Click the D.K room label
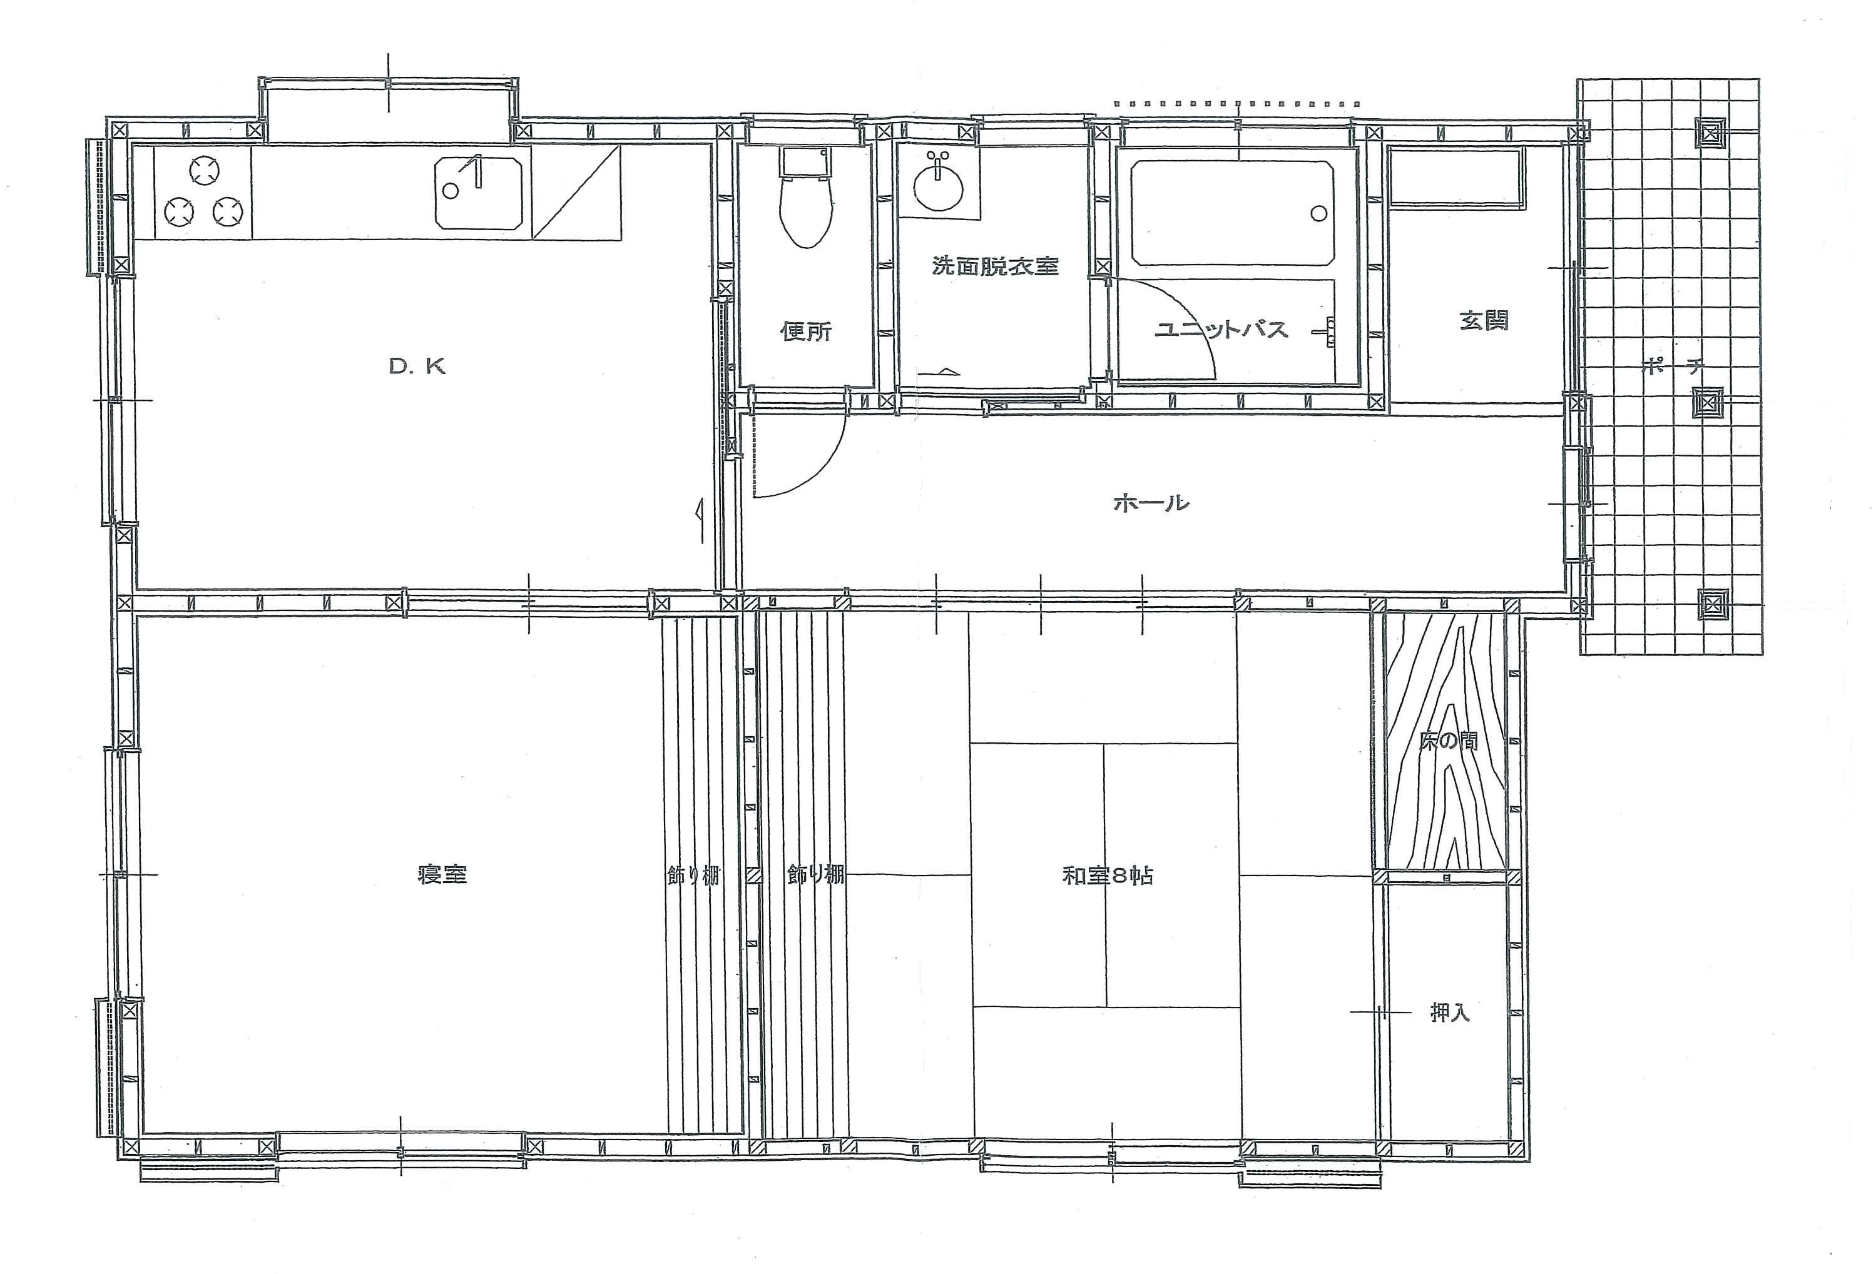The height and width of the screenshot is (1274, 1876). click(417, 367)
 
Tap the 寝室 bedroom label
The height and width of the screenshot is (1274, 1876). click(443, 874)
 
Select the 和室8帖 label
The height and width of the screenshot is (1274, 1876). click(1108, 876)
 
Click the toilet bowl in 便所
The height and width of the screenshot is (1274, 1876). click(805, 212)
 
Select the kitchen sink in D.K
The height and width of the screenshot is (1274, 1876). click(479, 191)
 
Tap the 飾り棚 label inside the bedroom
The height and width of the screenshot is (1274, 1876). click(693, 876)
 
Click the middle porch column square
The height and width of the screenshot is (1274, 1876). click(1708, 401)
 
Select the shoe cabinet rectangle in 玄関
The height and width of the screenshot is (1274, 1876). click(1457, 175)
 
